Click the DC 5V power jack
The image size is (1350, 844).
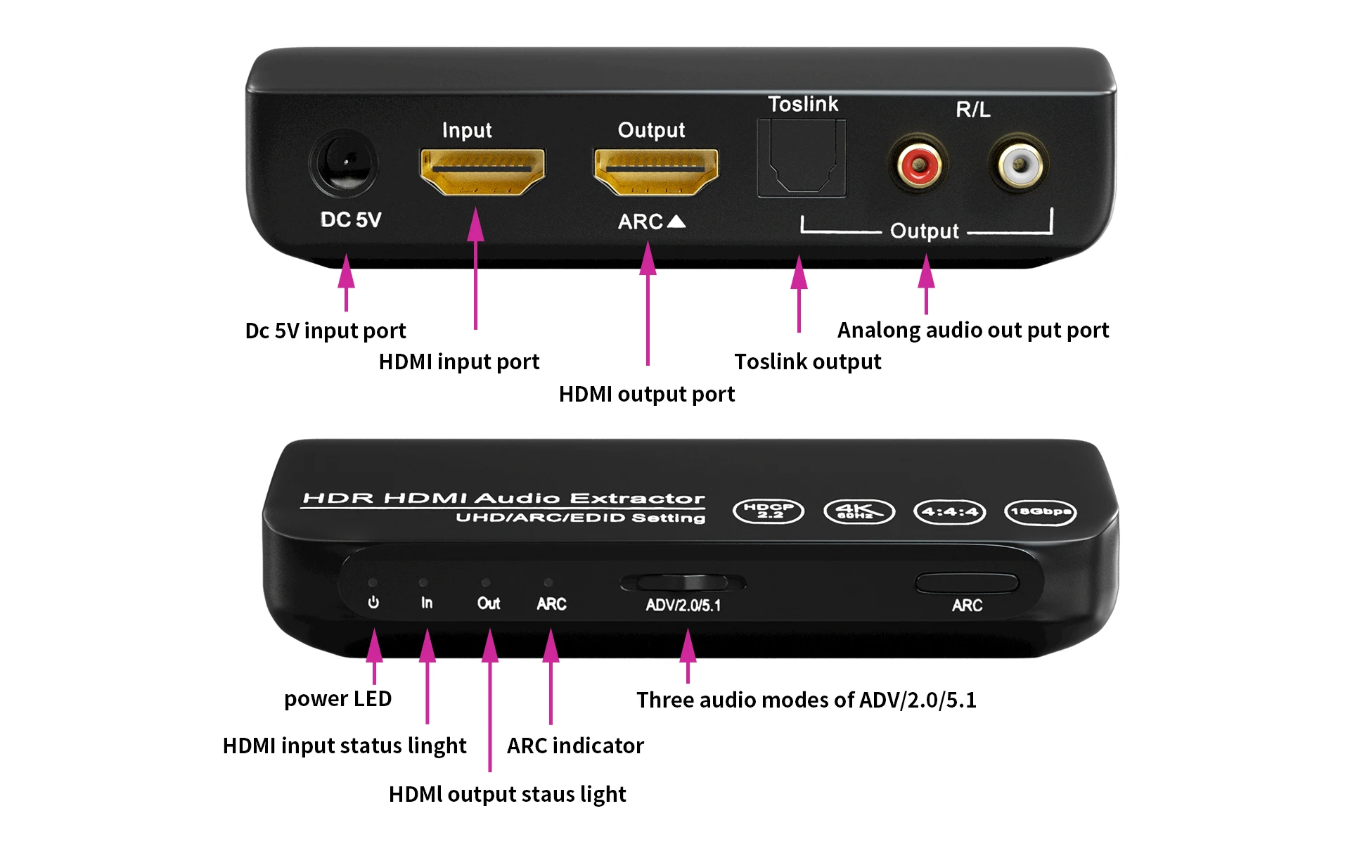345,163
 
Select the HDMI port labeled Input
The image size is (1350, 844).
482,171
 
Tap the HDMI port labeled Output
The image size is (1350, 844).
656,171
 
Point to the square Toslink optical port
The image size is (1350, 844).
802,158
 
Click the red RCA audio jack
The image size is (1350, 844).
918,165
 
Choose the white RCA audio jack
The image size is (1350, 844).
1018,165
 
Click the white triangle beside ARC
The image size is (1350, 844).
676,222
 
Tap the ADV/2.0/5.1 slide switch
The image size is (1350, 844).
683,583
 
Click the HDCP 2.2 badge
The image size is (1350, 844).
769,511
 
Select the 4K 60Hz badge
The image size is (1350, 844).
859,511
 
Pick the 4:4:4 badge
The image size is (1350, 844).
949,511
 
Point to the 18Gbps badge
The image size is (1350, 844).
1040,511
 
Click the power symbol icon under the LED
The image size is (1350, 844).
373,603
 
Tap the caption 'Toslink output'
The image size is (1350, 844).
807,362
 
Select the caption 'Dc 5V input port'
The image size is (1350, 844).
326,331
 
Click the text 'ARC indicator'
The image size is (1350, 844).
575,746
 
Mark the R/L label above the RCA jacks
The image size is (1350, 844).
973,110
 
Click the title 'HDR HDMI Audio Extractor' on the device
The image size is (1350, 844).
503,499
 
